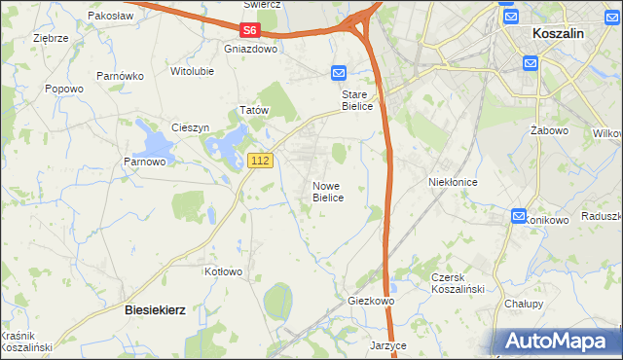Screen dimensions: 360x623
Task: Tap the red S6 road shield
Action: click(252, 31)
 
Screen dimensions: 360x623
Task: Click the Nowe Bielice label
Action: click(328, 191)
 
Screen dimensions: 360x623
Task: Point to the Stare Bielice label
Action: click(356, 100)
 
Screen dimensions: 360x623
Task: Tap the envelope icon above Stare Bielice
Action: click(338, 73)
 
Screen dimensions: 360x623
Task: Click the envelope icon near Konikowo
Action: click(518, 216)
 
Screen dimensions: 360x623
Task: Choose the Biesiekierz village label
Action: click(156, 308)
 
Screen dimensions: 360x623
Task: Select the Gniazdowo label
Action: click(250, 48)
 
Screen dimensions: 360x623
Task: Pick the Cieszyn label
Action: click(191, 127)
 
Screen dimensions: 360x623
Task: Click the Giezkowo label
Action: click(371, 302)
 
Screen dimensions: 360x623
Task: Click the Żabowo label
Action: click(549, 129)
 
